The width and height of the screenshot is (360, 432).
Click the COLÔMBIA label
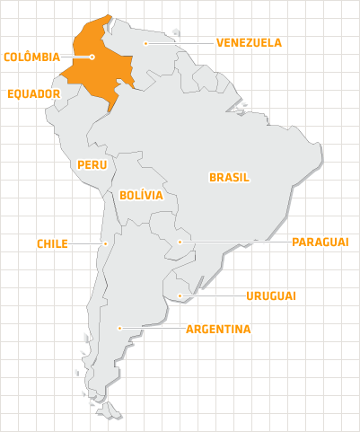[32, 57]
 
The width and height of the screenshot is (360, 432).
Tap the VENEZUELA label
[249, 42]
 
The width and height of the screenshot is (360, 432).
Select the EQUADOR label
[33, 93]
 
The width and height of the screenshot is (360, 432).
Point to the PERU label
[92, 164]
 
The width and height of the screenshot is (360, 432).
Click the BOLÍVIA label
[140, 194]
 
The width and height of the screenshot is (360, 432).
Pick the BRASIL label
[229, 177]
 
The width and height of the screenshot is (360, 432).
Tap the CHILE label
[52, 243]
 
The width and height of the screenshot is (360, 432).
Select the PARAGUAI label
[320, 242]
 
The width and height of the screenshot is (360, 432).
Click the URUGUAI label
[271, 295]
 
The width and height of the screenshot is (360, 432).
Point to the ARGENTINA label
[218, 329]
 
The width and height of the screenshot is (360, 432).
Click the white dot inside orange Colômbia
[92, 57]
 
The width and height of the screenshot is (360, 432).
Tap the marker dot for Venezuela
[146, 42]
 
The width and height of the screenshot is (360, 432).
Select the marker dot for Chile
[105, 242]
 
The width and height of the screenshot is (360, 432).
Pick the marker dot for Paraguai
[180, 242]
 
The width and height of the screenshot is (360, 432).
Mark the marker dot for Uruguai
[180, 295]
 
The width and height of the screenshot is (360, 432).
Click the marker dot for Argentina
[119, 329]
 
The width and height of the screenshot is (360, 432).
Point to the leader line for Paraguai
[233, 242]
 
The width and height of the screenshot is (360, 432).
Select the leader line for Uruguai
[212, 295]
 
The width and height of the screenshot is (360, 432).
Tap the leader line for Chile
[87, 242]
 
